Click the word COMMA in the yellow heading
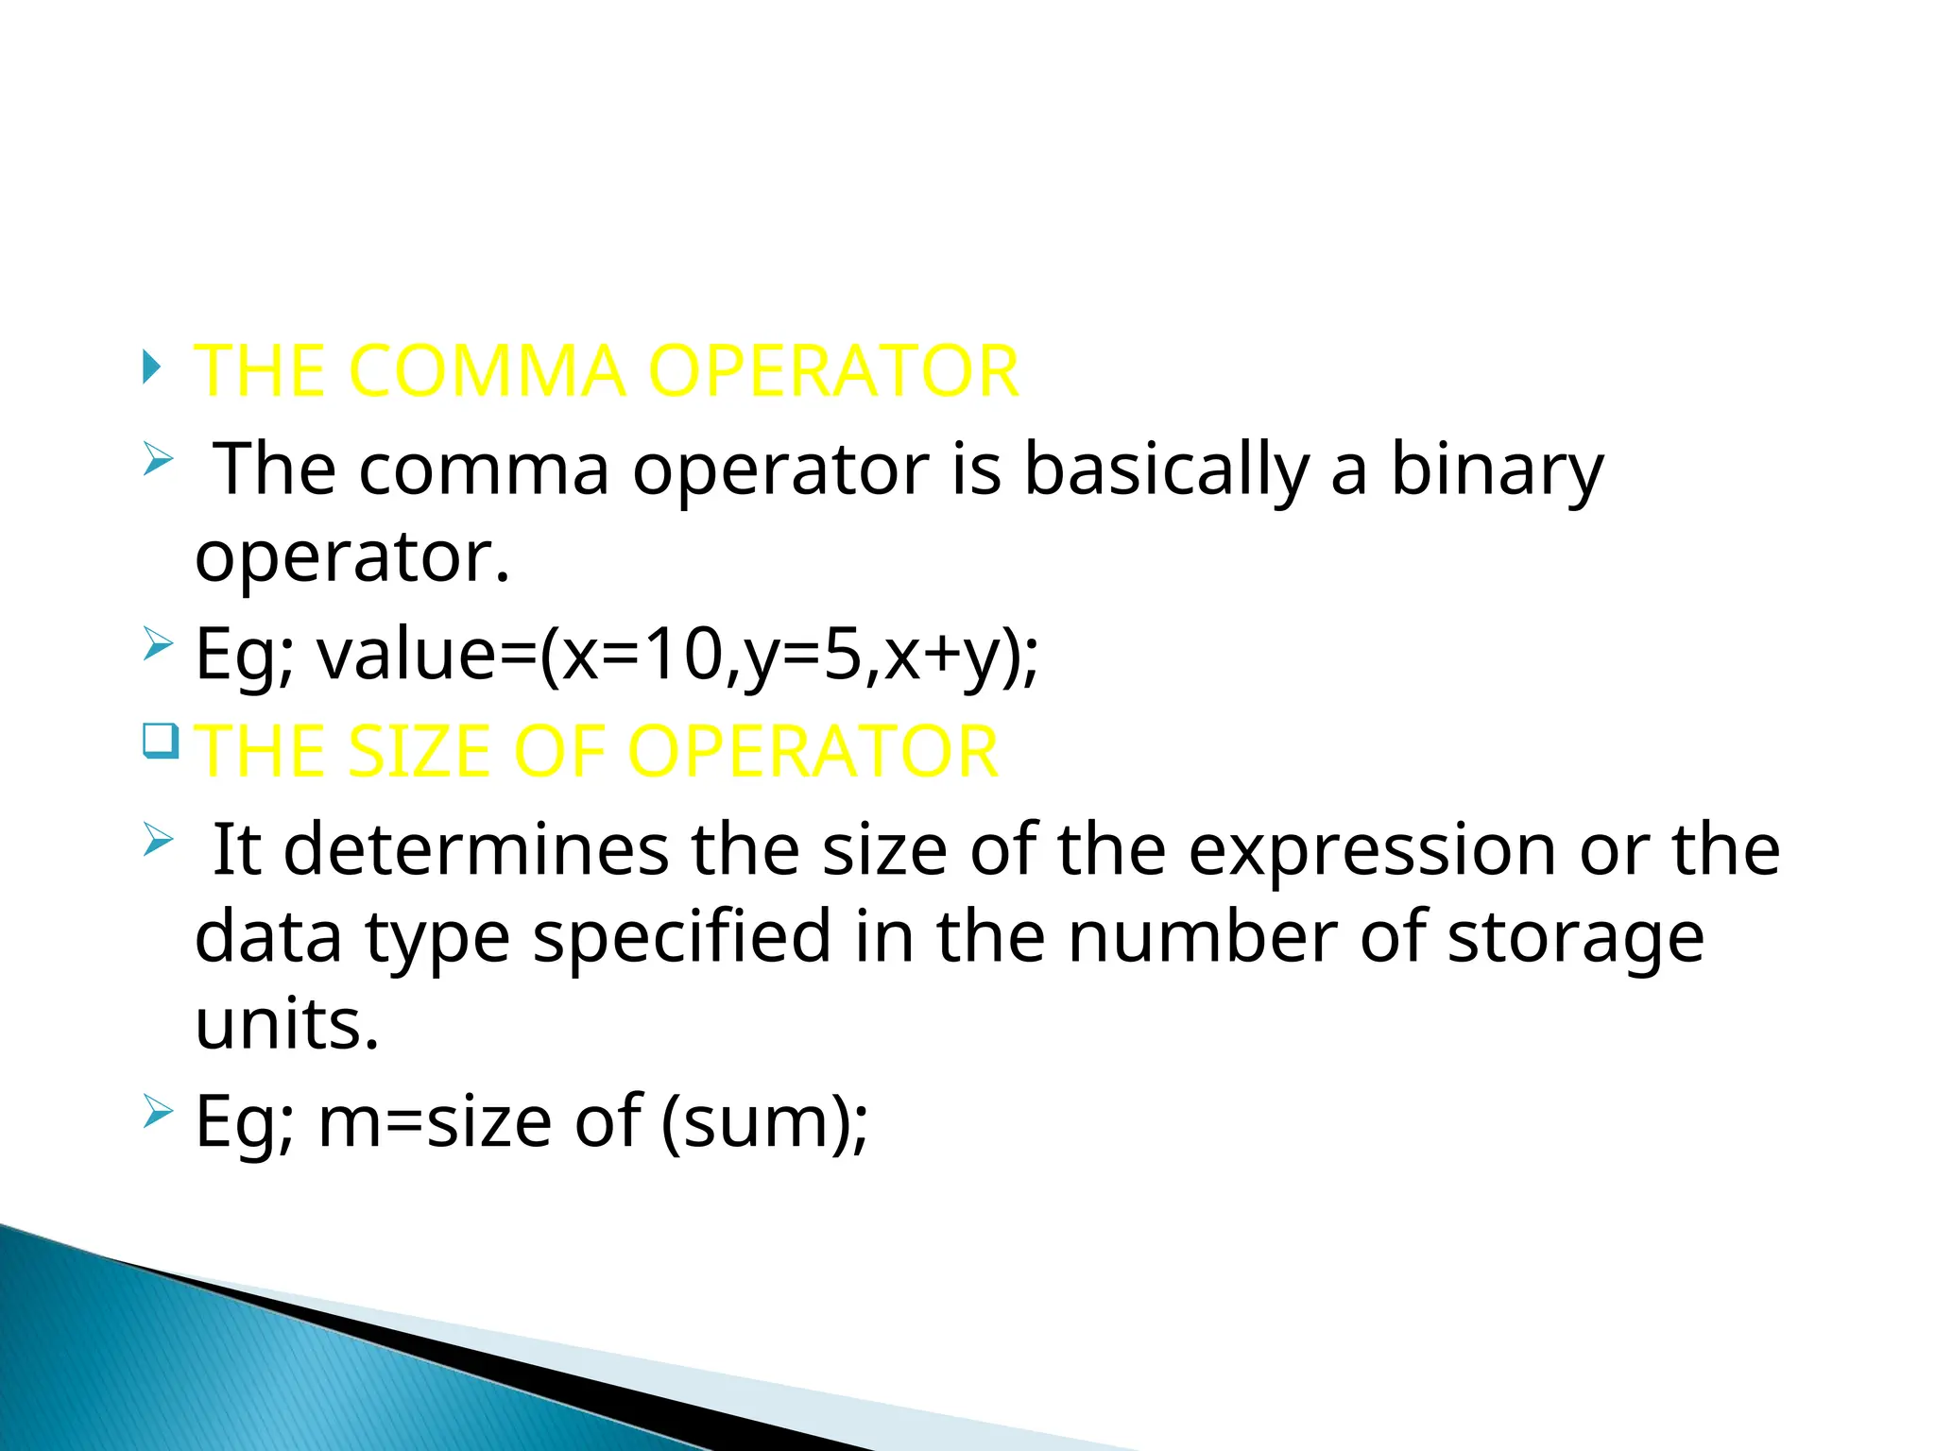pyautogui.click(x=487, y=370)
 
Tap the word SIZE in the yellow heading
pyautogui.click(x=419, y=752)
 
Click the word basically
pyautogui.click(x=1167, y=469)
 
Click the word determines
pyautogui.click(x=476, y=849)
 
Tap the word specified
pyautogui.click(x=682, y=936)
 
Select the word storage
pyautogui.click(x=1575, y=936)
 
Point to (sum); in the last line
pyautogui.click(x=763, y=1121)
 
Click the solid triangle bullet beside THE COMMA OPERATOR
pyautogui.click(x=151, y=367)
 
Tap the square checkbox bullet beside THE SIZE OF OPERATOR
pyautogui.click(x=161, y=740)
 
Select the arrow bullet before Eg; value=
pyautogui.click(x=159, y=645)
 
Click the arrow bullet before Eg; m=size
pyautogui.click(x=159, y=1111)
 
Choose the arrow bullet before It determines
pyautogui.click(x=159, y=838)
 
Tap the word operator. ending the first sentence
pyautogui.click(x=352, y=556)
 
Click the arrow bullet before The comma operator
pyautogui.click(x=159, y=460)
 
